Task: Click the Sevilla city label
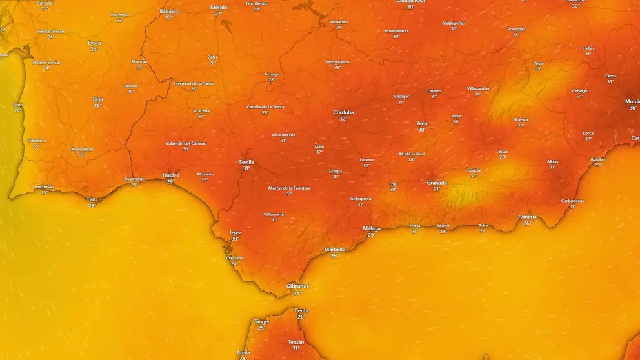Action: tap(246, 162)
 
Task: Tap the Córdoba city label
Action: tap(344, 112)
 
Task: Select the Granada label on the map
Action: tap(437, 183)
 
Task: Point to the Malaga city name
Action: tap(372, 228)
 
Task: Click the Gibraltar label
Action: tap(297, 286)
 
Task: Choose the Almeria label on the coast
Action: tap(527, 217)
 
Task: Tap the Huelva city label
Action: tap(171, 175)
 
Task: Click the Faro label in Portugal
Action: tap(92, 199)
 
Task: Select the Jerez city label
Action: tap(235, 232)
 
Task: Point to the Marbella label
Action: tap(334, 249)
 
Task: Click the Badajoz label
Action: tap(169, 11)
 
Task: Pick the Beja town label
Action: tap(97, 99)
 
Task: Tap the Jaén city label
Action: tap(422, 123)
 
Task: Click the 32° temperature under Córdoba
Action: tap(343, 119)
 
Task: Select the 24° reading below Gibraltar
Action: tap(297, 294)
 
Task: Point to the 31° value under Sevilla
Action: tap(246, 168)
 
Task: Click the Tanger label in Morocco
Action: tap(261, 321)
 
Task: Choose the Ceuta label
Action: tap(301, 310)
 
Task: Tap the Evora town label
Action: tap(95, 43)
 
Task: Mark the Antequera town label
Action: tap(361, 199)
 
